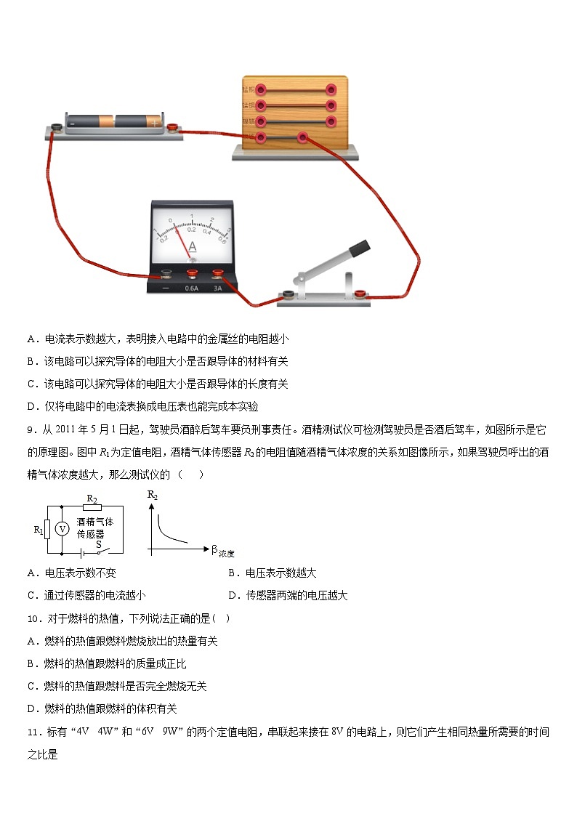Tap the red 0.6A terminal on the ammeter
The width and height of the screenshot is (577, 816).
coord(192,275)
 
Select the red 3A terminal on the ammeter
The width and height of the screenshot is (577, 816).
coord(217,275)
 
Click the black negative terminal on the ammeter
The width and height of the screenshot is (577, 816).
coord(166,275)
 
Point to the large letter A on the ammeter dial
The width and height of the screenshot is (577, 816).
coord(192,247)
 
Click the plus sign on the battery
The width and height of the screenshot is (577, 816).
coord(155,124)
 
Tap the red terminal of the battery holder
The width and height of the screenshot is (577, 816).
coord(173,129)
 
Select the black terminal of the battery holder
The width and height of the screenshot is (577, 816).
coord(56,129)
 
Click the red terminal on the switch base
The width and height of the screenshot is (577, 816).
coord(359,294)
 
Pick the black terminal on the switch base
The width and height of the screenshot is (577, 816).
coord(288,294)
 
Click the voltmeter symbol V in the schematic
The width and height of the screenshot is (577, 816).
coord(62,529)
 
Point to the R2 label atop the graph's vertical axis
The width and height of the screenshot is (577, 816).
coord(152,496)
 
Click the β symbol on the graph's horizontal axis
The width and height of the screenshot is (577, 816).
coord(214,550)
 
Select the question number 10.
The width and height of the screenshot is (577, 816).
coord(33,618)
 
